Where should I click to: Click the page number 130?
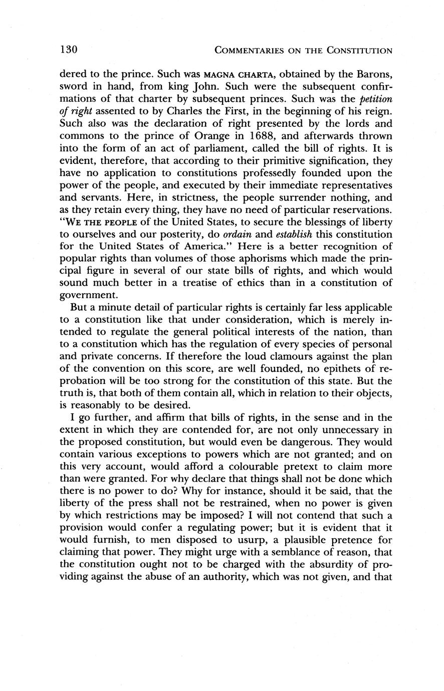[68, 50]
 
